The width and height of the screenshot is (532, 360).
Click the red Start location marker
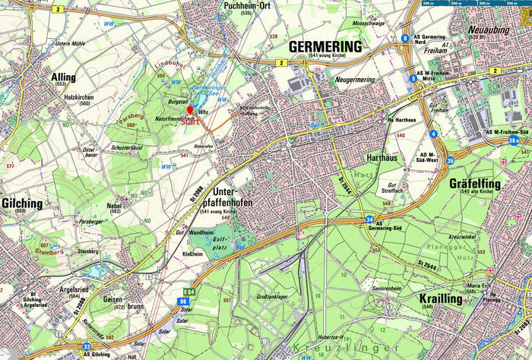click(x=190, y=111)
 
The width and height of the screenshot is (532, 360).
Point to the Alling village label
click(x=63, y=77)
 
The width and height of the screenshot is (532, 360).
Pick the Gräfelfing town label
click(x=482, y=184)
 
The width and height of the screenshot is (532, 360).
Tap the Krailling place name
click(x=441, y=298)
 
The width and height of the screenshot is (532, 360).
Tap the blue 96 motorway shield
click(x=184, y=301)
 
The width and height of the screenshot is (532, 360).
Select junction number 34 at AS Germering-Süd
click(x=369, y=220)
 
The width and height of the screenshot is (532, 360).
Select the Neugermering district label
click(x=354, y=79)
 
